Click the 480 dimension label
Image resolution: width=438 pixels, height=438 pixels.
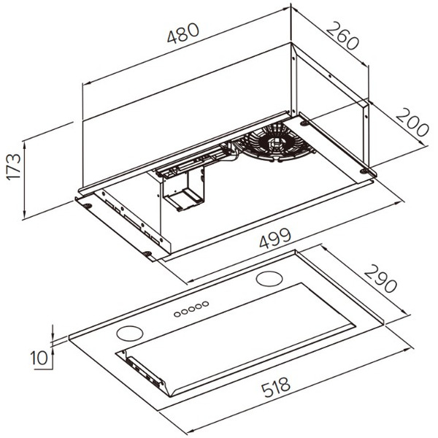tap(183, 34)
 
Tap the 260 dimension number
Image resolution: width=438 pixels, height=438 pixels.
tap(342, 36)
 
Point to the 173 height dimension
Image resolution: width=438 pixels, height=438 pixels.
tap(14, 166)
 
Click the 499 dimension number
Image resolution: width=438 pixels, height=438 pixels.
tap(275, 238)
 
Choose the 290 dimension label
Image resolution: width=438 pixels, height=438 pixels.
tap(380, 279)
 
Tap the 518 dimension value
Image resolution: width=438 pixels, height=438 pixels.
tap(276, 387)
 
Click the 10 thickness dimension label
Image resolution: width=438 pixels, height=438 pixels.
tap(39, 358)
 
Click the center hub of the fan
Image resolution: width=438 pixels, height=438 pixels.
tap(274, 143)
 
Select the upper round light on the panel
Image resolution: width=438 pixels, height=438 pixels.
tap(269, 279)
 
